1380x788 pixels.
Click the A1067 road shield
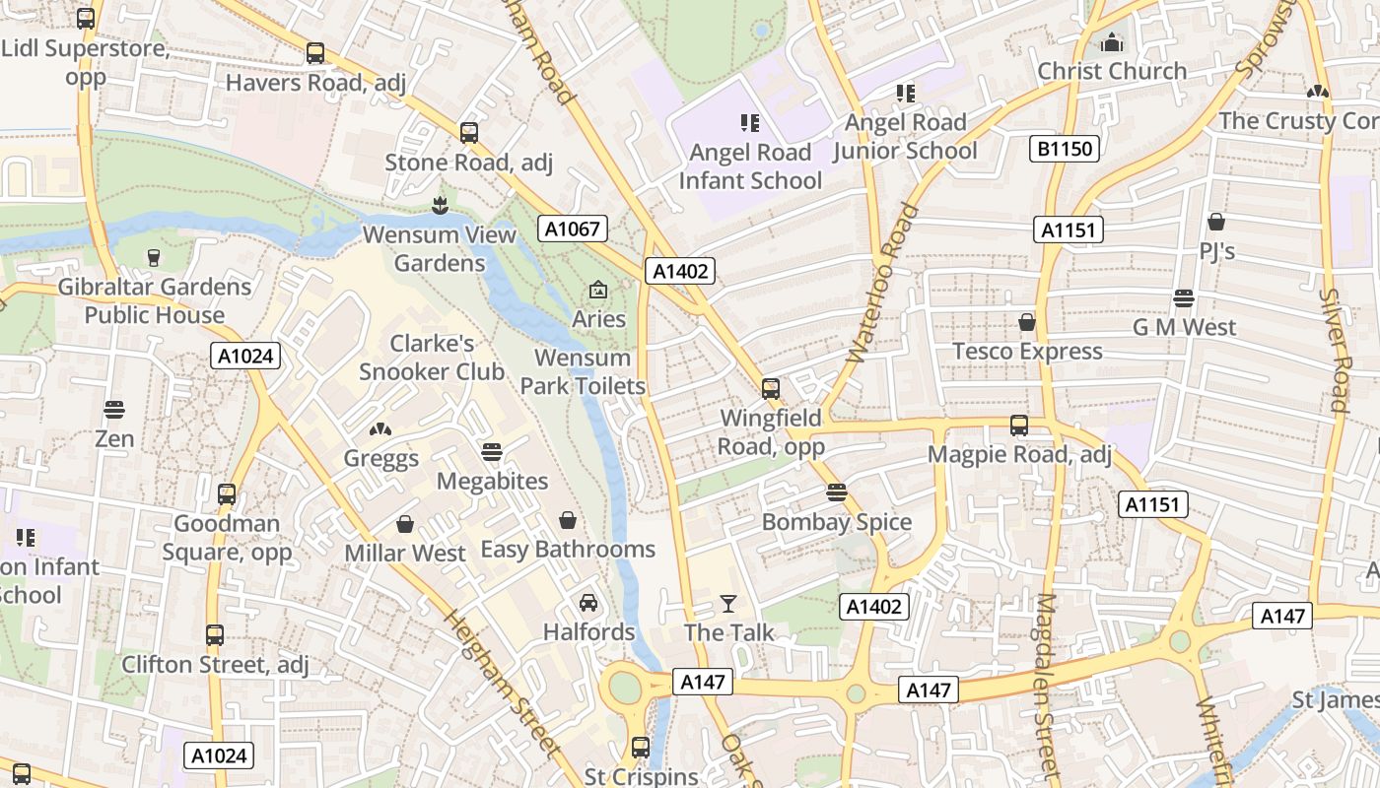pyautogui.click(x=573, y=229)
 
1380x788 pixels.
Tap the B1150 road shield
pyautogui.click(x=1065, y=149)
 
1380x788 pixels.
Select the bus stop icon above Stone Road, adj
pyautogui.click(x=469, y=132)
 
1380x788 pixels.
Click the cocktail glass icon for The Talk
pyautogui.click(x=728, y=603)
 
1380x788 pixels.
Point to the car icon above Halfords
pyautogui.click(x=588, y=602)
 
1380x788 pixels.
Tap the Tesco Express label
pyautogui.click(x=1027, y=352)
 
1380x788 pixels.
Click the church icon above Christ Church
pyautogui.click(x=1112, y=41)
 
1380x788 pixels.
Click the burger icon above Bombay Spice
pyautogui.click(x=837, y=492)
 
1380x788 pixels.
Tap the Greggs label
pyautogui.click(x=380, y=458)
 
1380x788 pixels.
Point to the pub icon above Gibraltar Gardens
pyautogui.click(x=154, y=258)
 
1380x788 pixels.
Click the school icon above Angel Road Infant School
pyautogui.click(x=750, y=123)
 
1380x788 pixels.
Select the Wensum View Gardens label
pyautogui.click(x=440, y=249)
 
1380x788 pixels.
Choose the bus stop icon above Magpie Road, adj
pyautogui.click(x=1019, y=426)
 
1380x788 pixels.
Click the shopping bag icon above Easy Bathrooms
pyautogui.click(x=568, y=519)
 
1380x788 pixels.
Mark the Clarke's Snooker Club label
pyautogui.click(x=432, y=358)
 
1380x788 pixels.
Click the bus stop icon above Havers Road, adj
pyautogui.click(x=315, y=53)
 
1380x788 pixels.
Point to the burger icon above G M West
pyautogui.click(x=1184, y=298)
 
